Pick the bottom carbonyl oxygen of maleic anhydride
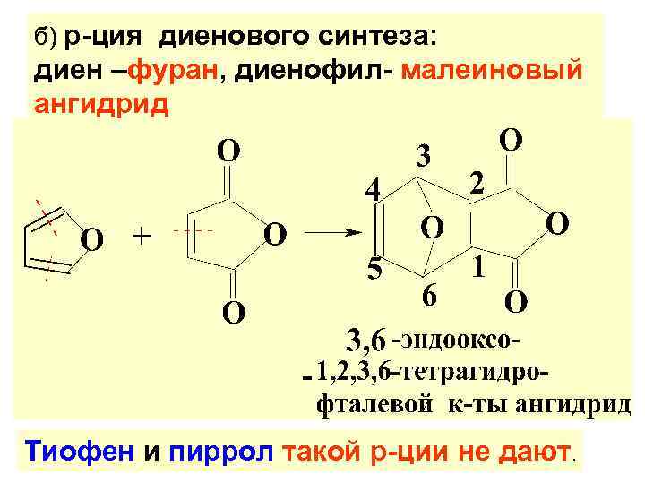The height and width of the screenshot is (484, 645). coord(231,313)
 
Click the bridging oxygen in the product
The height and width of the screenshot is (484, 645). coord(432,227)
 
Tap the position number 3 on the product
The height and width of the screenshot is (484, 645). coord(424,155)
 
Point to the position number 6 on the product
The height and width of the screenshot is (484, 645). coord(430,297)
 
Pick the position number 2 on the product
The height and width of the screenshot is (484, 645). coord(478,183)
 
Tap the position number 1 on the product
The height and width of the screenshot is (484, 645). coord(479,266)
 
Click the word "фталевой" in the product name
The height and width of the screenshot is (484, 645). coord(376,402)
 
